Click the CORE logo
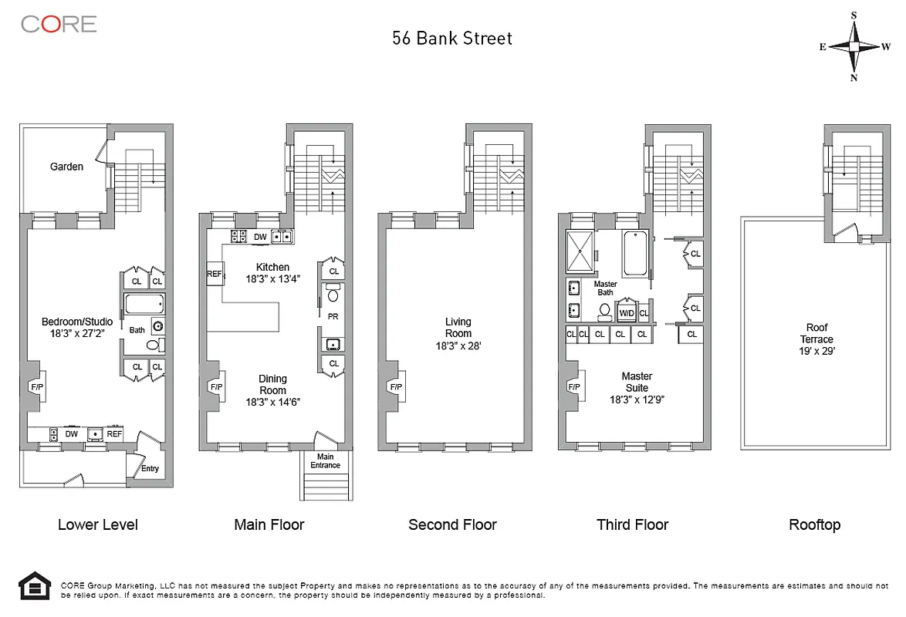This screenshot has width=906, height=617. (59, 24)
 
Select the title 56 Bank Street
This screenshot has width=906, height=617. (452, 39)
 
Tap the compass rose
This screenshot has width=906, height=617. (854, 46)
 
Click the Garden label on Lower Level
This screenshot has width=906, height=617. (67, 167)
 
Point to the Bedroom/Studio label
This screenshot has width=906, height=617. (77, 322)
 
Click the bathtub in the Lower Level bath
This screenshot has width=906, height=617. (144, 303)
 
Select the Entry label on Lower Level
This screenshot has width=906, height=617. (150, 468)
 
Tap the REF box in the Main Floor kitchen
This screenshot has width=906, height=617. (214, 273)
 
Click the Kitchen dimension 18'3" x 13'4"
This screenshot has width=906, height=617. (272, 278)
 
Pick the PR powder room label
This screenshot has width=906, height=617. (333, 316)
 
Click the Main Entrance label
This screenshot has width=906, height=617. (325, 461)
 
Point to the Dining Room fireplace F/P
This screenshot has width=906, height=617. (215, 387)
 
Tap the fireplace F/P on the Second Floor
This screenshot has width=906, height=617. (396, 387)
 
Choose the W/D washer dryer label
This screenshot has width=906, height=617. (627, 313)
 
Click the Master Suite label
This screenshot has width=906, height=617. (637, 382)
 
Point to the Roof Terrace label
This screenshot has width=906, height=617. (816, 333)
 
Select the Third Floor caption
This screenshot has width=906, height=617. (632, 525)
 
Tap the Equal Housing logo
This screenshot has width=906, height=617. (34, 588)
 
